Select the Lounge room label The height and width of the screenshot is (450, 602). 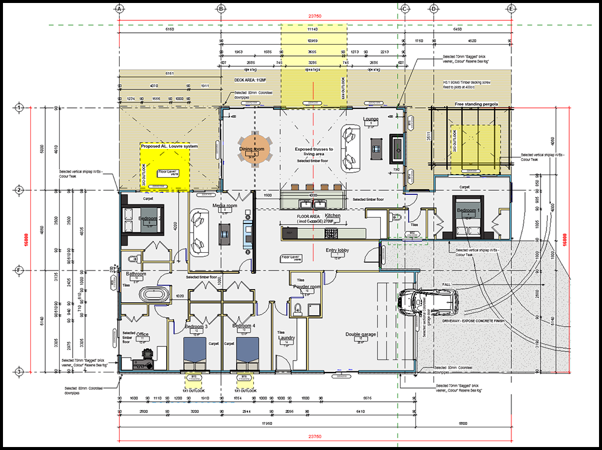pyautogui.click(x=371, y=119)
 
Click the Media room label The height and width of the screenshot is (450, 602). pyautogui.click(x=225, y=206)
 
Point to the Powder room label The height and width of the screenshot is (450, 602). pyautogui.click(x=307, y=287)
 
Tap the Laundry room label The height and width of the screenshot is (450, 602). pyautogui.click(x=287, y=338)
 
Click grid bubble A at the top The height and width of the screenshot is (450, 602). pyautogui.click(x=119, y=9)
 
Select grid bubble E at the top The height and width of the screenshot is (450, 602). pyautogui.click(x=511, y=9)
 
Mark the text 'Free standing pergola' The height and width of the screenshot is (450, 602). pyautogui.click(x=476, y=105)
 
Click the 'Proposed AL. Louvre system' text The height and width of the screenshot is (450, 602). pyautogui.click(x=169, y=145)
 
